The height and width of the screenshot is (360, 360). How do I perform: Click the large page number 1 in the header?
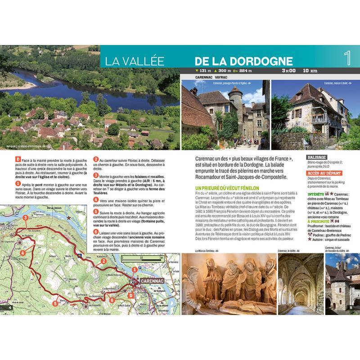pos(347,58)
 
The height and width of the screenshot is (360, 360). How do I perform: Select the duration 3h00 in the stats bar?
pos(288,71)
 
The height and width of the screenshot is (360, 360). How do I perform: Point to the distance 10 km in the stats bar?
pos(310,71)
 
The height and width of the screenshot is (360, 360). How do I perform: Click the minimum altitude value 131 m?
pos(205,71)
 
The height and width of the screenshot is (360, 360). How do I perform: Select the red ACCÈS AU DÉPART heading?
pos(324,173)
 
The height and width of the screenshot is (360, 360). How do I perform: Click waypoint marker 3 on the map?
pos(26,218)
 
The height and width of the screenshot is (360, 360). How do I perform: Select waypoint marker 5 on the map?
pos(54,303)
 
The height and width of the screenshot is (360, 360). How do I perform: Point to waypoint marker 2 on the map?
pos(103,261)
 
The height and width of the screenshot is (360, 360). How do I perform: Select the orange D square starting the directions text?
pos(18,159)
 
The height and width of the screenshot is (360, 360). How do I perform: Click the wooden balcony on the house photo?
pos(320,118)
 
